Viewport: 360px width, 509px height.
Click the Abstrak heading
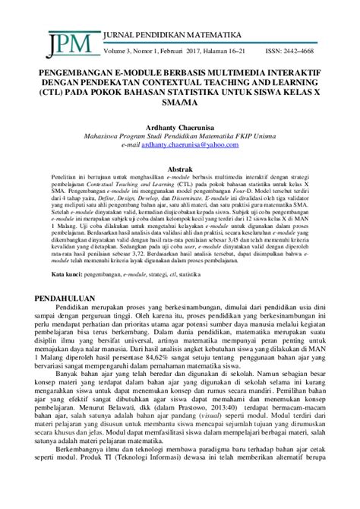pos(179,169)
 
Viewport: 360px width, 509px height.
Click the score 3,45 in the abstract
pos(257,258)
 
